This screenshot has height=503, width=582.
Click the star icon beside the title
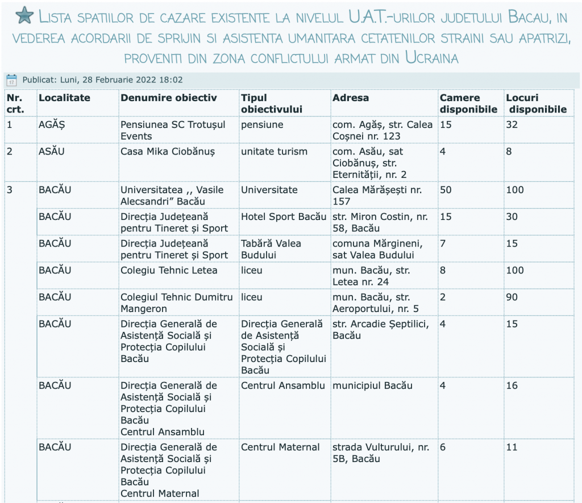pos(24,16)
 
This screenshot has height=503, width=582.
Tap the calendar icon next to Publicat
pos(11,80)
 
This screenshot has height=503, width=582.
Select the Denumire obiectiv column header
pos(169,98)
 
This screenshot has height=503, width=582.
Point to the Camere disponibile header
pos(468,103)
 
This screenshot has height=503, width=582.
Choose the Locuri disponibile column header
pos(537,103)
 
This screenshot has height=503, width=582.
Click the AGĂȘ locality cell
pos(52,124)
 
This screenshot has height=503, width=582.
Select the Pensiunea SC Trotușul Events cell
pos(173,130)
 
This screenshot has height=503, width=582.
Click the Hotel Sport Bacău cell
pos(284,217)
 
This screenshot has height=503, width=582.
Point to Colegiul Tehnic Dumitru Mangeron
pos(176,303)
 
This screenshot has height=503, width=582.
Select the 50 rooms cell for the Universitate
pos(446,190)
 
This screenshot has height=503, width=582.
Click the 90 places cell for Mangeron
pos(512,297)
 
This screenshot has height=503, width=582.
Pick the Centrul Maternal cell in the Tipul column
pos(280,447)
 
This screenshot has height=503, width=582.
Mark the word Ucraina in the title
pos(432,57)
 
